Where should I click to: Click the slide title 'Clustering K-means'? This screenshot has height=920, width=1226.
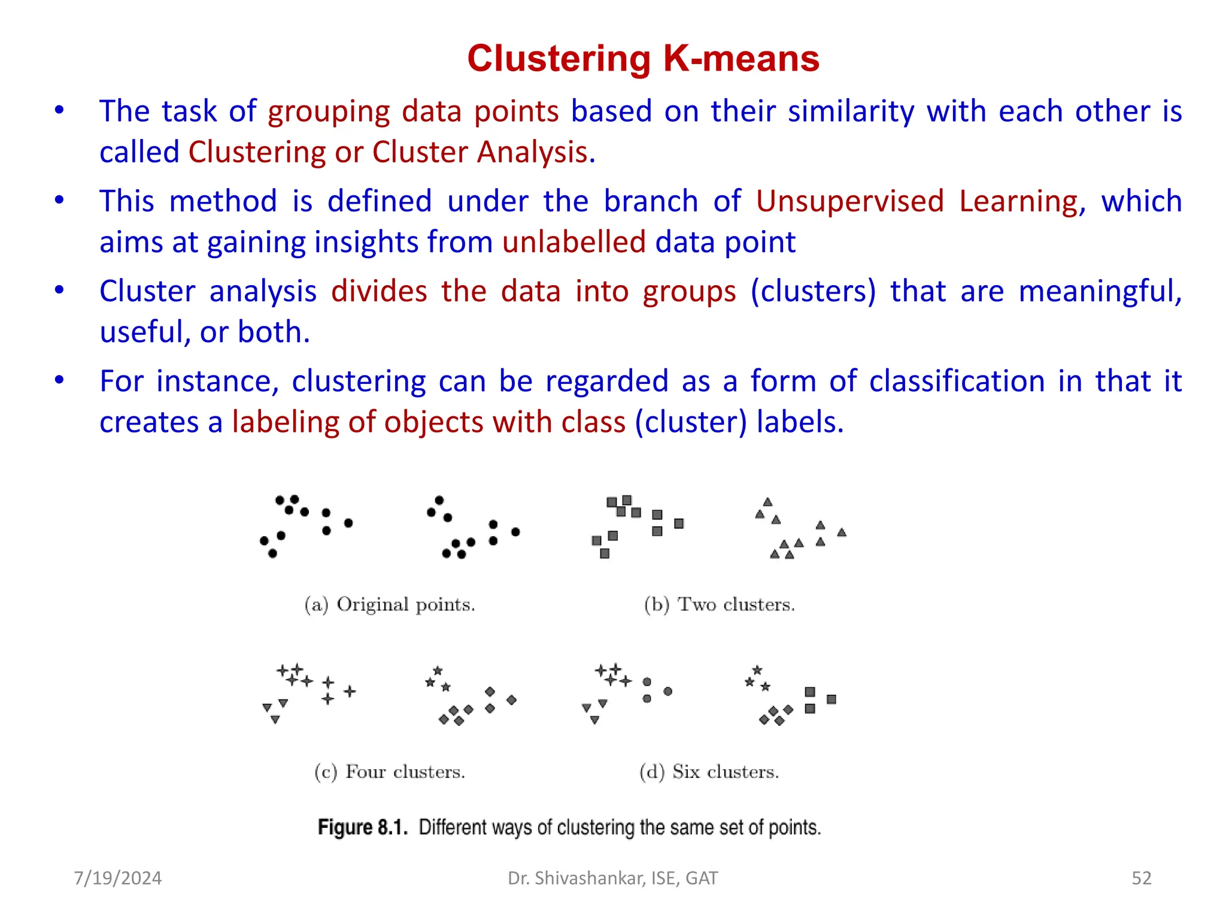[x=643, y=59]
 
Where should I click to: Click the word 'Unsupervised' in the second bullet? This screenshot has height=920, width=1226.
[x=849, y=201]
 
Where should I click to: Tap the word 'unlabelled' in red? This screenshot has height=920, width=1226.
[x=573, y=243]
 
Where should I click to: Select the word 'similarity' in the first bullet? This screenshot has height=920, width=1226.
[x=851, y=112]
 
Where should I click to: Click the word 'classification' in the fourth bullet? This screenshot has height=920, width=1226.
[x=957, y=382]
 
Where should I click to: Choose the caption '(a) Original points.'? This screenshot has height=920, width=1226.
[x=390, y=604]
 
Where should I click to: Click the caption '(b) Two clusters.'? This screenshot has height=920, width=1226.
[x=720, y=604]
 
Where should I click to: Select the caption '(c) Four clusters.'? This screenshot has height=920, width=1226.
[x=390, y=771]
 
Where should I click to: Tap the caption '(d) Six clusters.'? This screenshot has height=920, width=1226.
[x=709, y=771]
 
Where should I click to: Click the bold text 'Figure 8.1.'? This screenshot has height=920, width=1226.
[x=363, y=827]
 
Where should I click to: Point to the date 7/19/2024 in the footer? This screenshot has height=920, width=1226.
[x=118, y=878]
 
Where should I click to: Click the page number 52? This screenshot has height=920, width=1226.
[x=1142, y=878]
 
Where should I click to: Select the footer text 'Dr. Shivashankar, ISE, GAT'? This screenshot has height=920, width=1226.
[x=612, y=878]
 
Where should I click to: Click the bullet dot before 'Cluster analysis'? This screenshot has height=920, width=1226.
[x=59, y=290]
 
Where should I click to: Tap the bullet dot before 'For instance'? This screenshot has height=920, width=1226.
[x=59, y=380]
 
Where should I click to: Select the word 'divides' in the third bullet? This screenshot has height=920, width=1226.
[x=379, y=292]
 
